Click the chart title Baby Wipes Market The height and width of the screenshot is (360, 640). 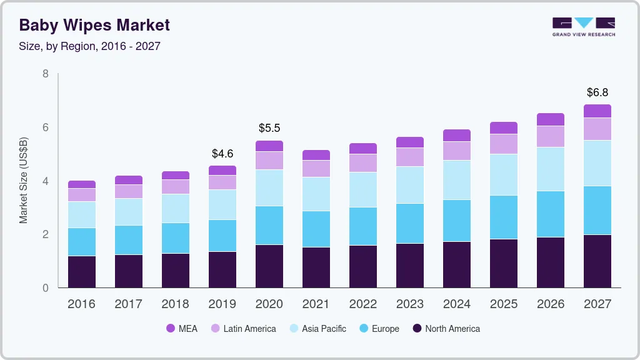tap(94, 25)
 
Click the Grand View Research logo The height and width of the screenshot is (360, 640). tap(583, 26)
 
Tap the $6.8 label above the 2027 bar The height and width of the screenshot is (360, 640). tap(597, 92)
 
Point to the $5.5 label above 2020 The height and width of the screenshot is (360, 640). tap(269, 128)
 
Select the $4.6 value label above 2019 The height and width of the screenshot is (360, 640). tap(222, 153)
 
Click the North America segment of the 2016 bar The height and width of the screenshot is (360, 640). tap(82, 272)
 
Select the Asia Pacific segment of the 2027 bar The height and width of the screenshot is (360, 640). tap(597, 163)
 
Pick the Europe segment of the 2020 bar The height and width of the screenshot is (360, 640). tap(269, 225)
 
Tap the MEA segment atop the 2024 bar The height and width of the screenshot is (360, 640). tap(457, 136)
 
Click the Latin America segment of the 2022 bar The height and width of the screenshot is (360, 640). tap(363, 163)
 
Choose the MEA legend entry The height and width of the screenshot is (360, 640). tap(181, 329)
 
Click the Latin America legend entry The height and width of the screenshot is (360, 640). tap(242, 329)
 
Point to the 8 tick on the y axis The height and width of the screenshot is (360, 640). tap(45, 74)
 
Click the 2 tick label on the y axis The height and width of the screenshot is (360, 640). tap(45, 234)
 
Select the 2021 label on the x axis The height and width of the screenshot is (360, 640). tap(316, 304)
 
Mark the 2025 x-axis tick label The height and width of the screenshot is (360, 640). tap(504, 304)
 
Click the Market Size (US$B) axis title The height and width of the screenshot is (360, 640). tap(24, 180)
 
